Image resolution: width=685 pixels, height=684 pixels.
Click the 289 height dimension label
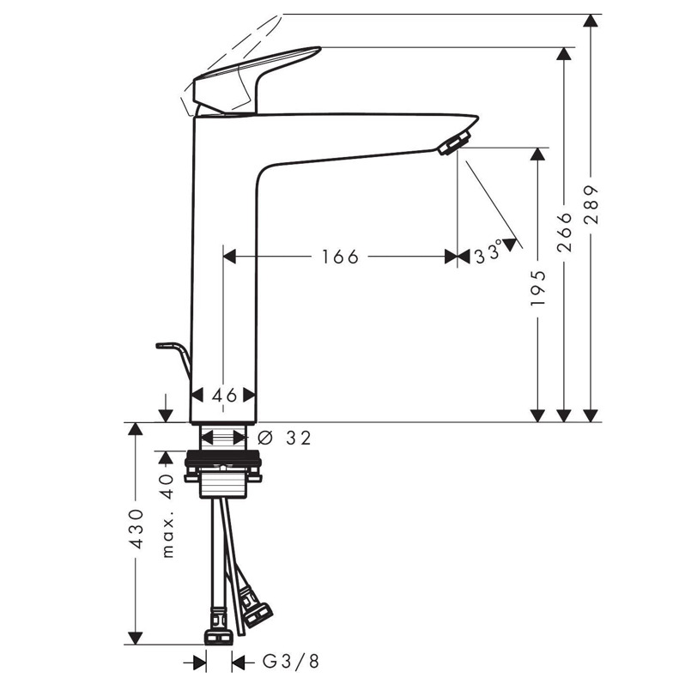[x=591, y=204]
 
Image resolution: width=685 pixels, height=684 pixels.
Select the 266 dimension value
[x=565, y=232]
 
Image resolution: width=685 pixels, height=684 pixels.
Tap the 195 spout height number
[x=538, y=288]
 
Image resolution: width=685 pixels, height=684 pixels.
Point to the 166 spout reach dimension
[x=340, y=257]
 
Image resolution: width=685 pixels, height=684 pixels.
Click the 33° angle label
[x=488, y=253]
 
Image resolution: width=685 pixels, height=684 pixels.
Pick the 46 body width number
[x=224, y=396]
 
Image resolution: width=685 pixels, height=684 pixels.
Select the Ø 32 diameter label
[x=284, y=438]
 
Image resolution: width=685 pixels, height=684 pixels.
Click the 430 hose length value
[x=136, y=529]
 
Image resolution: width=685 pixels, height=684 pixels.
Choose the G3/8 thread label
[x=290, y=662]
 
